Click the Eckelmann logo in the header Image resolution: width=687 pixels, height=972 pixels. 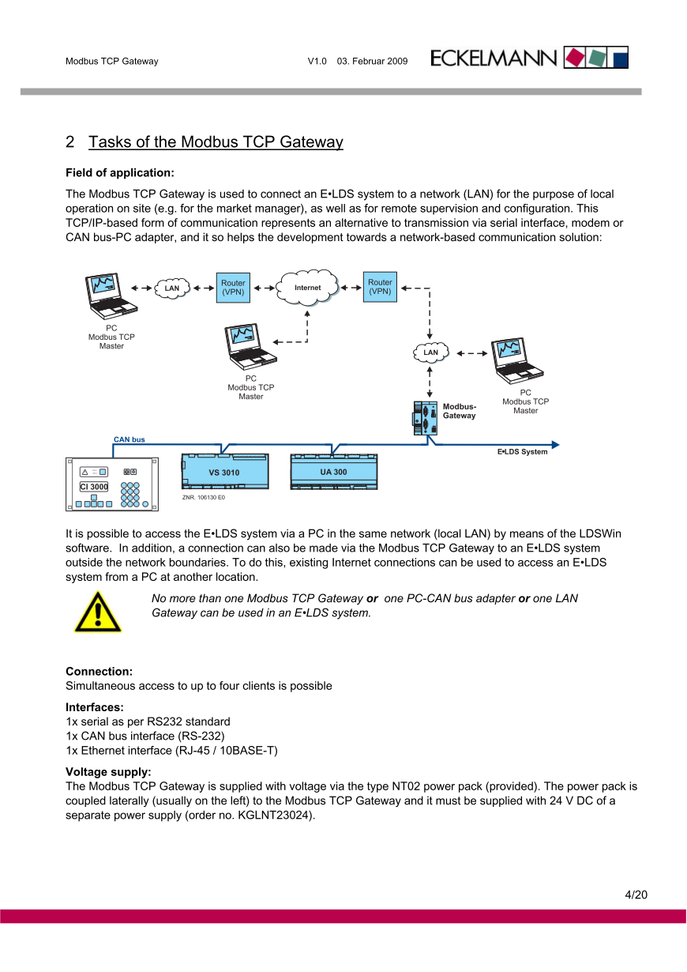(x=529, y=58)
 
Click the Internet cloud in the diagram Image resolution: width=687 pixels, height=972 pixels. (x=307, y=287)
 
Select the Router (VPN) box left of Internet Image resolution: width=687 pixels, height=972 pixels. (x=233, y=288)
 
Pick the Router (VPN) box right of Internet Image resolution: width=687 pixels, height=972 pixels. (x=380, y=287)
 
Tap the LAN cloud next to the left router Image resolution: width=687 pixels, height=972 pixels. (x=172, y=288)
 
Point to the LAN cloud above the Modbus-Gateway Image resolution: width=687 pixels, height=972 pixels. (x=430, y=352)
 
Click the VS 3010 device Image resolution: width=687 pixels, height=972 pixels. (x=224, y=472)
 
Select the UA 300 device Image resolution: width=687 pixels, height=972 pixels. (x=333, y=471)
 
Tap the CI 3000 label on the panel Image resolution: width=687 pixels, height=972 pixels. (x=94, y=487)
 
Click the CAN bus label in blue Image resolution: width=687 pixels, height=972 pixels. (x=130, y=439)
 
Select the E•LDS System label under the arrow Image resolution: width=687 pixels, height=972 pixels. (x=522, y=452)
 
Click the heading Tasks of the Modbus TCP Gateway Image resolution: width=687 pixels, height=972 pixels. (x=216, y=142)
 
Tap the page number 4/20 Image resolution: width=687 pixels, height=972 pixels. (x=636, y=895)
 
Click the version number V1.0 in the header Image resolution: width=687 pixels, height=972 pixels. (x=317, y=61)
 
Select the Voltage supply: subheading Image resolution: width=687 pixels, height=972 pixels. (x=108, y=772)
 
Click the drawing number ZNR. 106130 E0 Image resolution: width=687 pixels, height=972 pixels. (x=204, y=498)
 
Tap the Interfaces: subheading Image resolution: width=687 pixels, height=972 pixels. (x=95, y=707)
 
